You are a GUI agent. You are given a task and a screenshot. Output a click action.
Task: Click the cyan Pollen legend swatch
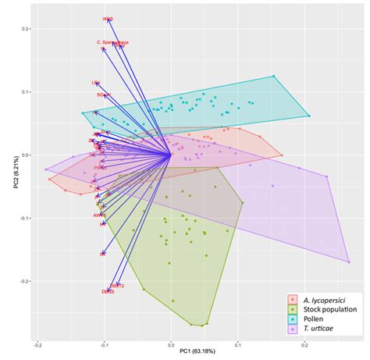pos(293,319)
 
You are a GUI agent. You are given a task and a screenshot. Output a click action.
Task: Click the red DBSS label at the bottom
pos(108,291)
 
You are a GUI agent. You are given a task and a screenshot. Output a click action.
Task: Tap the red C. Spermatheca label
pos(112,42)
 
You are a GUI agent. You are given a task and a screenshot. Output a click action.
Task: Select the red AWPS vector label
pos(99,215)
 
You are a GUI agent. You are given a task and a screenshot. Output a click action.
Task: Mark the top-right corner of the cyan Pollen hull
pos(275,76)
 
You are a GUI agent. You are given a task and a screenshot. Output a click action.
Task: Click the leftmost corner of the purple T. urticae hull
pos(44,169)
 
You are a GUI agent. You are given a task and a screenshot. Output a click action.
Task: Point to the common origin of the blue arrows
pos(171,155)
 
